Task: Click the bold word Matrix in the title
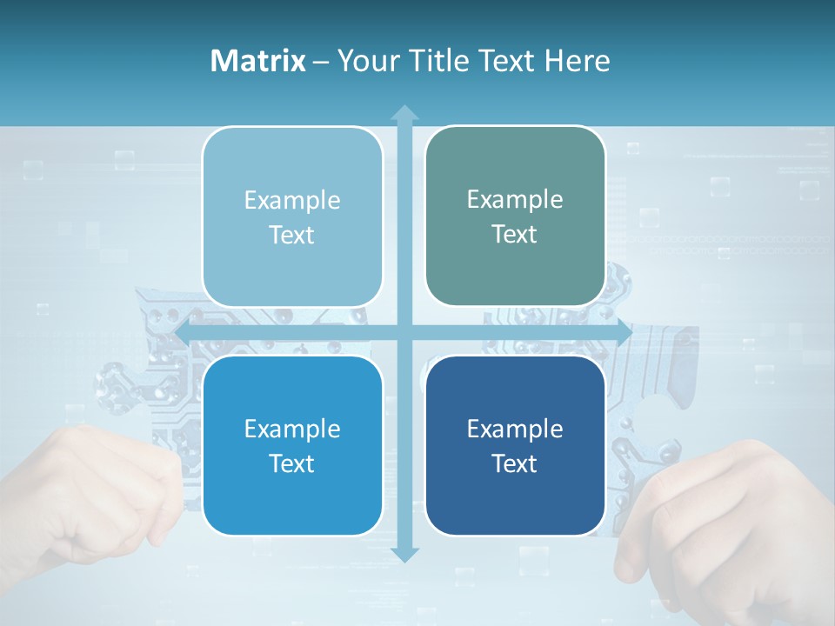pyautogui.click(x=258, y=61)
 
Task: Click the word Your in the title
pyautogui.click(x=365, y=61)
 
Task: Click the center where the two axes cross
pyautogui.click(x=404, y=332)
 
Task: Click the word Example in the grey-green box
pyautogui.click(x=515, y=200)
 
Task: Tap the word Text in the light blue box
pyautogui.click(x=292, y=236)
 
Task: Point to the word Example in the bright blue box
pyautogui.click(x=292, y=429)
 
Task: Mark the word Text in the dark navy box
pyautogui.click(x=515, y=464)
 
